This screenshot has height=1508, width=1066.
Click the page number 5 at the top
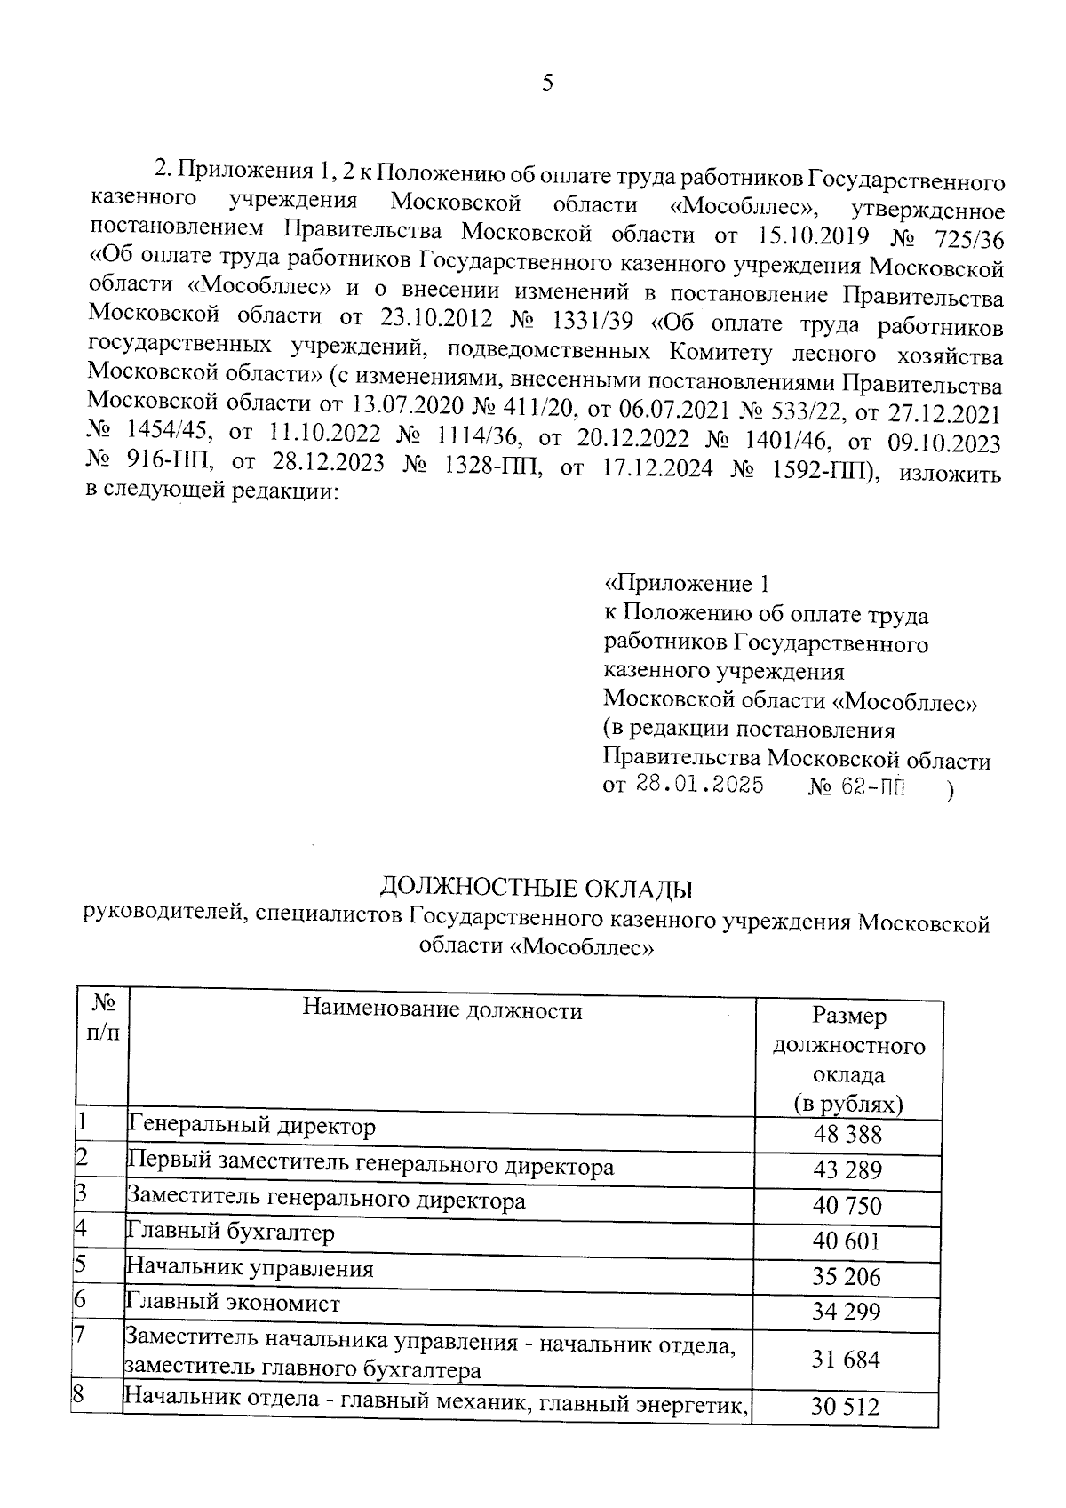point(546,84)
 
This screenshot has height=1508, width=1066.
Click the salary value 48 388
point(847,1135)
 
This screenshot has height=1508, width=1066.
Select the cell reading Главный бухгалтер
point(232,1233)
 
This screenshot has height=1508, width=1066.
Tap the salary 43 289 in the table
point(847,1170)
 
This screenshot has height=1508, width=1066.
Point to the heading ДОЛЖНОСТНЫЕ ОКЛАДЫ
point(537,887)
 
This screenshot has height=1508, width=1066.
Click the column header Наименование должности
point(442,1009)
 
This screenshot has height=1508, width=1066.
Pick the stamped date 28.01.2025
point(699,786)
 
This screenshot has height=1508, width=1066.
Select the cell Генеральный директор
point(252,1127)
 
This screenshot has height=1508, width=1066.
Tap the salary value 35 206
point(847,1277)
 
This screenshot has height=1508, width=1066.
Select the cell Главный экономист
point(234,1304)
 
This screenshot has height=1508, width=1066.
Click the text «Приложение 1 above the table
point(685,584)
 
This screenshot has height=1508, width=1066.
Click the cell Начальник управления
point(250,1268)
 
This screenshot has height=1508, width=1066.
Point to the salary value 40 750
point(847,1206)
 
